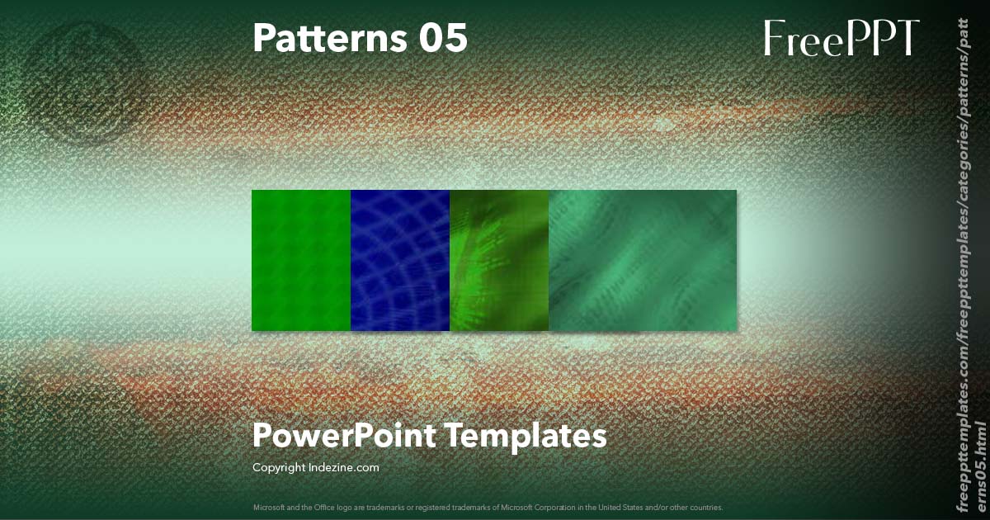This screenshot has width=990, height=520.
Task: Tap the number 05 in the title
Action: tap(441, 38)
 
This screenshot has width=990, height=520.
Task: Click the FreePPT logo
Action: tap(841, 38)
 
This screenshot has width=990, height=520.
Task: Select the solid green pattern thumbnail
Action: tap(301, 260)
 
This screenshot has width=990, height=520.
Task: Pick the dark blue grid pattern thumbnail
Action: tap(400, 260)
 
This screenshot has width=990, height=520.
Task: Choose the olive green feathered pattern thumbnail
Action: tap(499, 260)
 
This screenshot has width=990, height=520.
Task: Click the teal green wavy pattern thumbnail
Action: tap(643, 260)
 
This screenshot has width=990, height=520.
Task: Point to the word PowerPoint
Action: tap(343, 435)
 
